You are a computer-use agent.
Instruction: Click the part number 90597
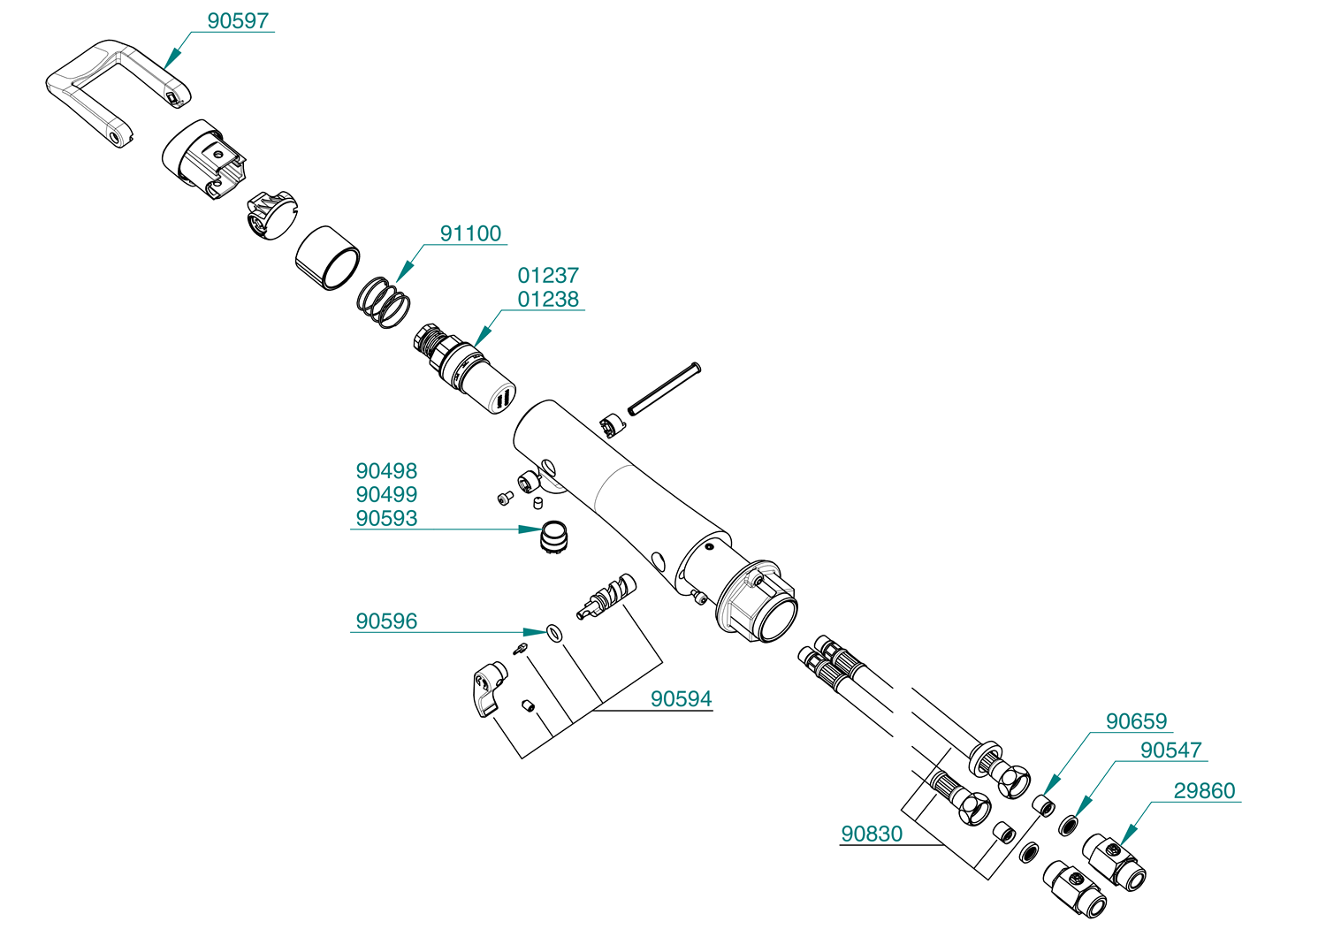pos(238,21)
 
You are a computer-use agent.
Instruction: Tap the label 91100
pos(470,233)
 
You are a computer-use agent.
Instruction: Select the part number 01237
pos(548,276)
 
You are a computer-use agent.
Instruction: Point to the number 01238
pos(548,300)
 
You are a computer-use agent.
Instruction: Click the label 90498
pos(386,471)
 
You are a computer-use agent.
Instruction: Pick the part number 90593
pos(386,519)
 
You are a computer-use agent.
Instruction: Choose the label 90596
pos(386,621)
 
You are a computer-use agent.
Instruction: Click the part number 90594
pos(681,699)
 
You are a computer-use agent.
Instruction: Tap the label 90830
pos(872,834)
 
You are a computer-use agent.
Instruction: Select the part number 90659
pos(1136,721)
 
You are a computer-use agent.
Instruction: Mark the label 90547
pos(1170,750)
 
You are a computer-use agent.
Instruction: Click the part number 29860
pos(1204,791)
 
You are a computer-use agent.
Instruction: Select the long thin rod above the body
pos(664,388)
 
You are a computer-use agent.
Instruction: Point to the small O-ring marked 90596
pos(554,632)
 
